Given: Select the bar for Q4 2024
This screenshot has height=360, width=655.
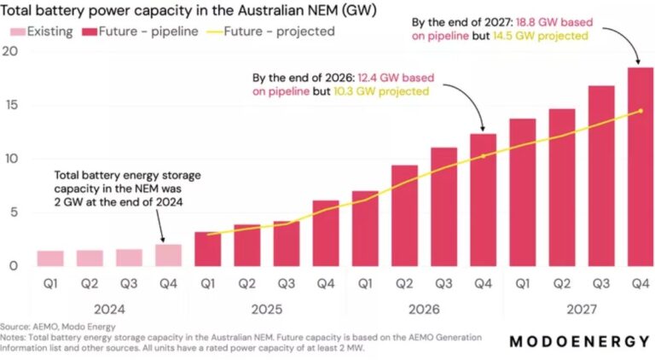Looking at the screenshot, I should (168, 255).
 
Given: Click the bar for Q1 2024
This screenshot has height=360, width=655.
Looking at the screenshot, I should (50, 258).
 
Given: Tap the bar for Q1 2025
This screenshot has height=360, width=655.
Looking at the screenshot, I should (207, 249).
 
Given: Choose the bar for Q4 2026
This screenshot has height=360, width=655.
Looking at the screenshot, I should (483, 200).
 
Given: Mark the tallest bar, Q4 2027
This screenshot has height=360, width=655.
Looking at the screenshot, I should (640, 167).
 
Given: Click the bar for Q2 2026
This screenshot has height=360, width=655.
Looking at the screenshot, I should (404, 216).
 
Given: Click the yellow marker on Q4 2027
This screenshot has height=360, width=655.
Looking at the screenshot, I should (640, 111).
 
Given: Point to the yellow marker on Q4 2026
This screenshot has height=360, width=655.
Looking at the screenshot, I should (483, 156).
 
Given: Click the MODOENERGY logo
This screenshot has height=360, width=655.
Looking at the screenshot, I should (579, 341).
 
